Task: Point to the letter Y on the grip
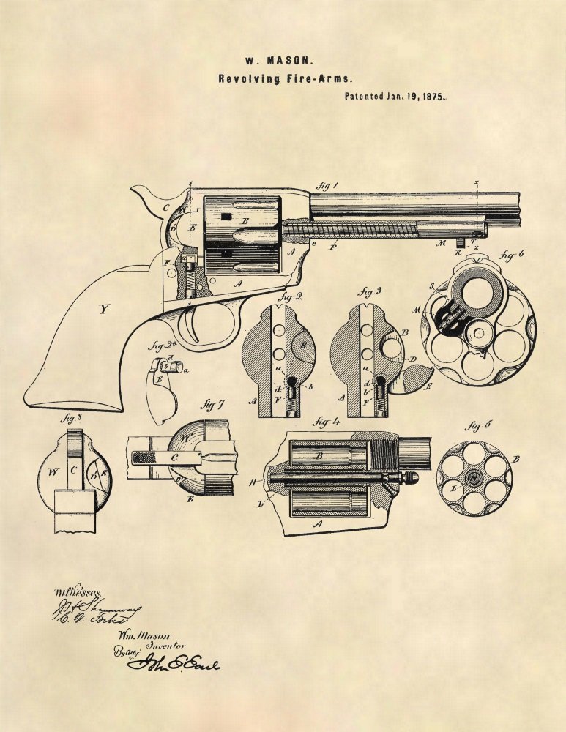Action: pos(103,309)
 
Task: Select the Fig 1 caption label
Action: pos(326,187)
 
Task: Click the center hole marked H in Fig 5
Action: pos(474,478)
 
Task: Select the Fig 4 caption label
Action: pos(323,422)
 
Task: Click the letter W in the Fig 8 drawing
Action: pos(52,472)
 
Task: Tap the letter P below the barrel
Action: pos(333,248)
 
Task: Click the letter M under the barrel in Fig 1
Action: pos(441,244)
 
